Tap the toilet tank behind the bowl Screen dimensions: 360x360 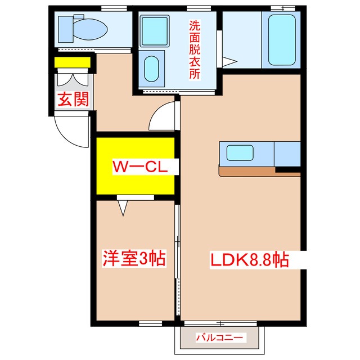click(66, 29)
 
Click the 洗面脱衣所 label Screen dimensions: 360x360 click(195, 49)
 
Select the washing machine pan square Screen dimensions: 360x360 click(155, 31)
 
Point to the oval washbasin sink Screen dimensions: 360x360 click(151, 69)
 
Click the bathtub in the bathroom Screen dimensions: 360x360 click(282, 40)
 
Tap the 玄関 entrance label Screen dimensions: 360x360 click(73, 99)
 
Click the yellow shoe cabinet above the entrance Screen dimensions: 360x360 click(73, 62)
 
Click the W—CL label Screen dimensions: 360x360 click(140, 167)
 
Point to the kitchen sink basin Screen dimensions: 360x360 click(240, 152)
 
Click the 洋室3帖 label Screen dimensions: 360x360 click(134, 258)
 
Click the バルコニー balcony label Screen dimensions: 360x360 click(219, 337)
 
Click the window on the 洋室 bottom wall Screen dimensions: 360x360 click(150, 323)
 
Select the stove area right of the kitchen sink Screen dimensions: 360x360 click(287, 154)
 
